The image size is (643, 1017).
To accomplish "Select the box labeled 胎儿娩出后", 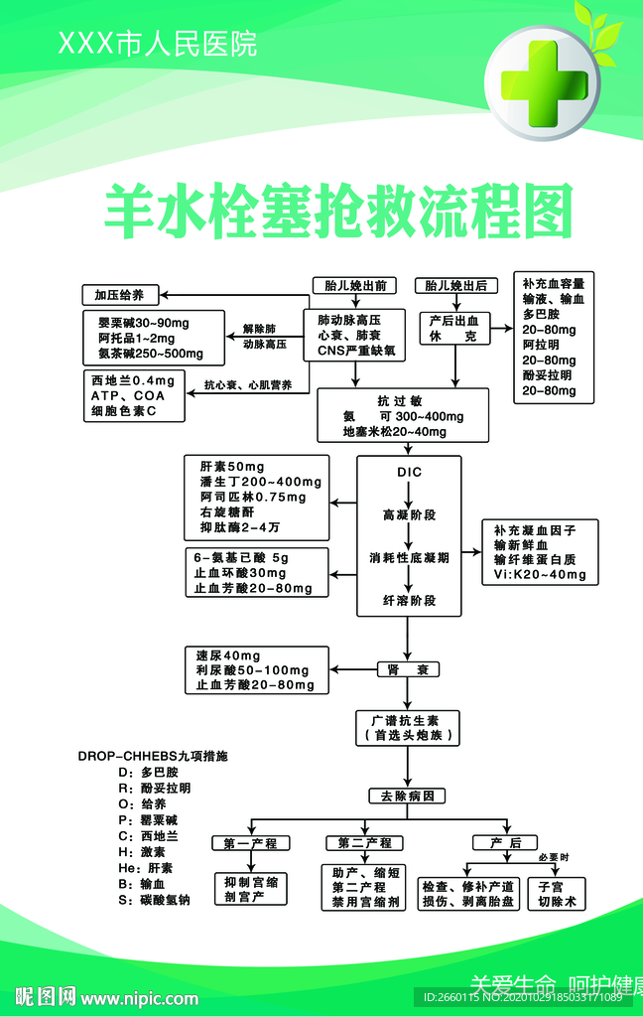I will click(455, 286).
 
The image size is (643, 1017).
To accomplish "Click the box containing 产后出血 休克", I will click(453, 329).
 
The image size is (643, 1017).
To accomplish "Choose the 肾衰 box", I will click(408, 669).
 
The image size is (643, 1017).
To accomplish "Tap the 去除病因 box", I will click(407, 796).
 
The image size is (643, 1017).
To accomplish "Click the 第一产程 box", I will click(250, 843).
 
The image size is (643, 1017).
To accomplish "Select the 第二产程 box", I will click(364, 843).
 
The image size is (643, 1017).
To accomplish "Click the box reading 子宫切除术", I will click(557, 894).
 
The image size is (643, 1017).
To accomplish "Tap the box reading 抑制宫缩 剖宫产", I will click(250, 888).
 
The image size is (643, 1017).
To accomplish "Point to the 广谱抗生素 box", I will click(407, 727).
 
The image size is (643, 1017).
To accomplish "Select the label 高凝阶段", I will click(409, 515).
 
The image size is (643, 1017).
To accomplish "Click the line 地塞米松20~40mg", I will click(394, 432).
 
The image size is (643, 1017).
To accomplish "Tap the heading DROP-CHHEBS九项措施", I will click(153, 756).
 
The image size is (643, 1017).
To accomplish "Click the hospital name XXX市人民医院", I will click(157, 44).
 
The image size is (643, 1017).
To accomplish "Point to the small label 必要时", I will click(554, 857).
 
